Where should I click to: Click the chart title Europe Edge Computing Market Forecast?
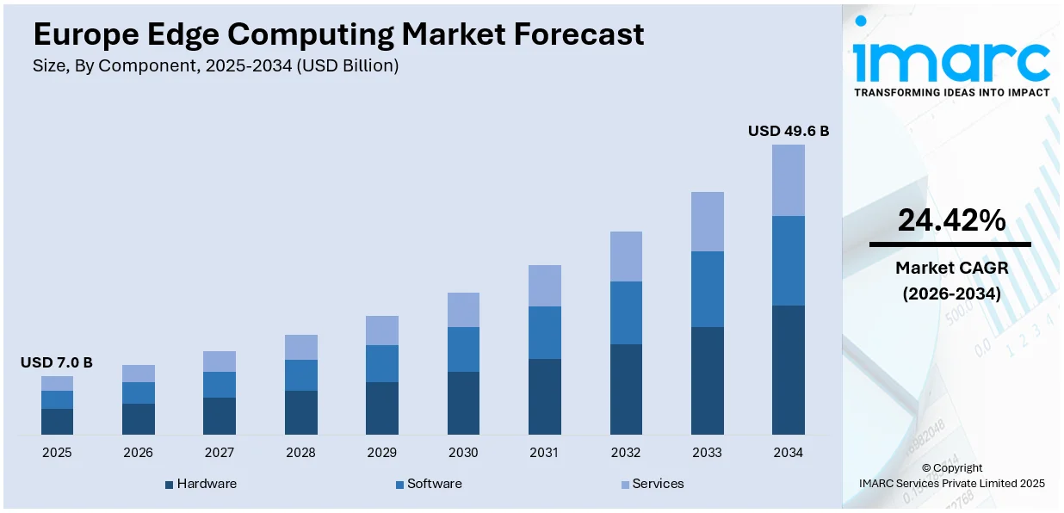click(x=338, y=34)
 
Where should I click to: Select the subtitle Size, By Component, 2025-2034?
click(x=215, y=66)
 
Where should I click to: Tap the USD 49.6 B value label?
click(x=788, y=131)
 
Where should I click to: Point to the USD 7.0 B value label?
click(x=57, y=363)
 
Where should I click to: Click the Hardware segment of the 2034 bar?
click(x=788, y=369)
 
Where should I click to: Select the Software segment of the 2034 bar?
click(x=788, y=260)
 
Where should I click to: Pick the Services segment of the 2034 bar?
click(x=788, y=180)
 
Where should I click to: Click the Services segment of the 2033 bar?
click(x=707, y=221)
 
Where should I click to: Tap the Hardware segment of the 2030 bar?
click(x=463, y=403)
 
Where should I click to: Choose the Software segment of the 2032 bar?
click(x=626, y=312)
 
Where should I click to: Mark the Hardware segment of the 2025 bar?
click(x=57, y=421)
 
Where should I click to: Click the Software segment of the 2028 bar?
click(x=300, y=375)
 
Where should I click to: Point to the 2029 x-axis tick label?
click(x=381, y=453)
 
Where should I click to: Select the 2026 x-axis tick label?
click(x=138, y=453)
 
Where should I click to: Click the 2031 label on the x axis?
click(x=544, y=453)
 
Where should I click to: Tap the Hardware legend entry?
click(x=201, y=484)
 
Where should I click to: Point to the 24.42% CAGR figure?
click(x=951, y=221)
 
